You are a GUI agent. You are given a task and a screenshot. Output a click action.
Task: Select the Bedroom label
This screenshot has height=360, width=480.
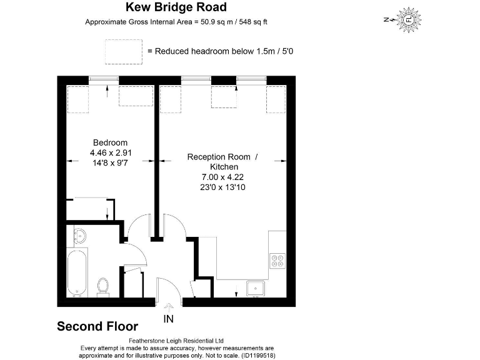[x=110, y=142]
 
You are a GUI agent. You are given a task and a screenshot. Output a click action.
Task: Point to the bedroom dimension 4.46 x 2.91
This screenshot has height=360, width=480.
[x=110, y=152]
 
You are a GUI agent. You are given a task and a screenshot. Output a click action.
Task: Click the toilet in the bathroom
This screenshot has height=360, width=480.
[x=103, y=287]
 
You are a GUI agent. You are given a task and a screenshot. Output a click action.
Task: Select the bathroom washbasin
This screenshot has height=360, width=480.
[x=79, y=236]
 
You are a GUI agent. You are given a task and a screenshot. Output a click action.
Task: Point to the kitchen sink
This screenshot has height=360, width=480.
[x=256, y=288]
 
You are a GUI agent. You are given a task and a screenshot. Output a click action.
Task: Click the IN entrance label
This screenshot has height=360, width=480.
[x=168, y=319]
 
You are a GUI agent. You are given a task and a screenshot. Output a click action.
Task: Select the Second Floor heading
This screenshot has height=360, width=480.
[x=97, y=326]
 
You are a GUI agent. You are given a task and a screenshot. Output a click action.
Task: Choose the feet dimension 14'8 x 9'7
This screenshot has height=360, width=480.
[x=110, y=162]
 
